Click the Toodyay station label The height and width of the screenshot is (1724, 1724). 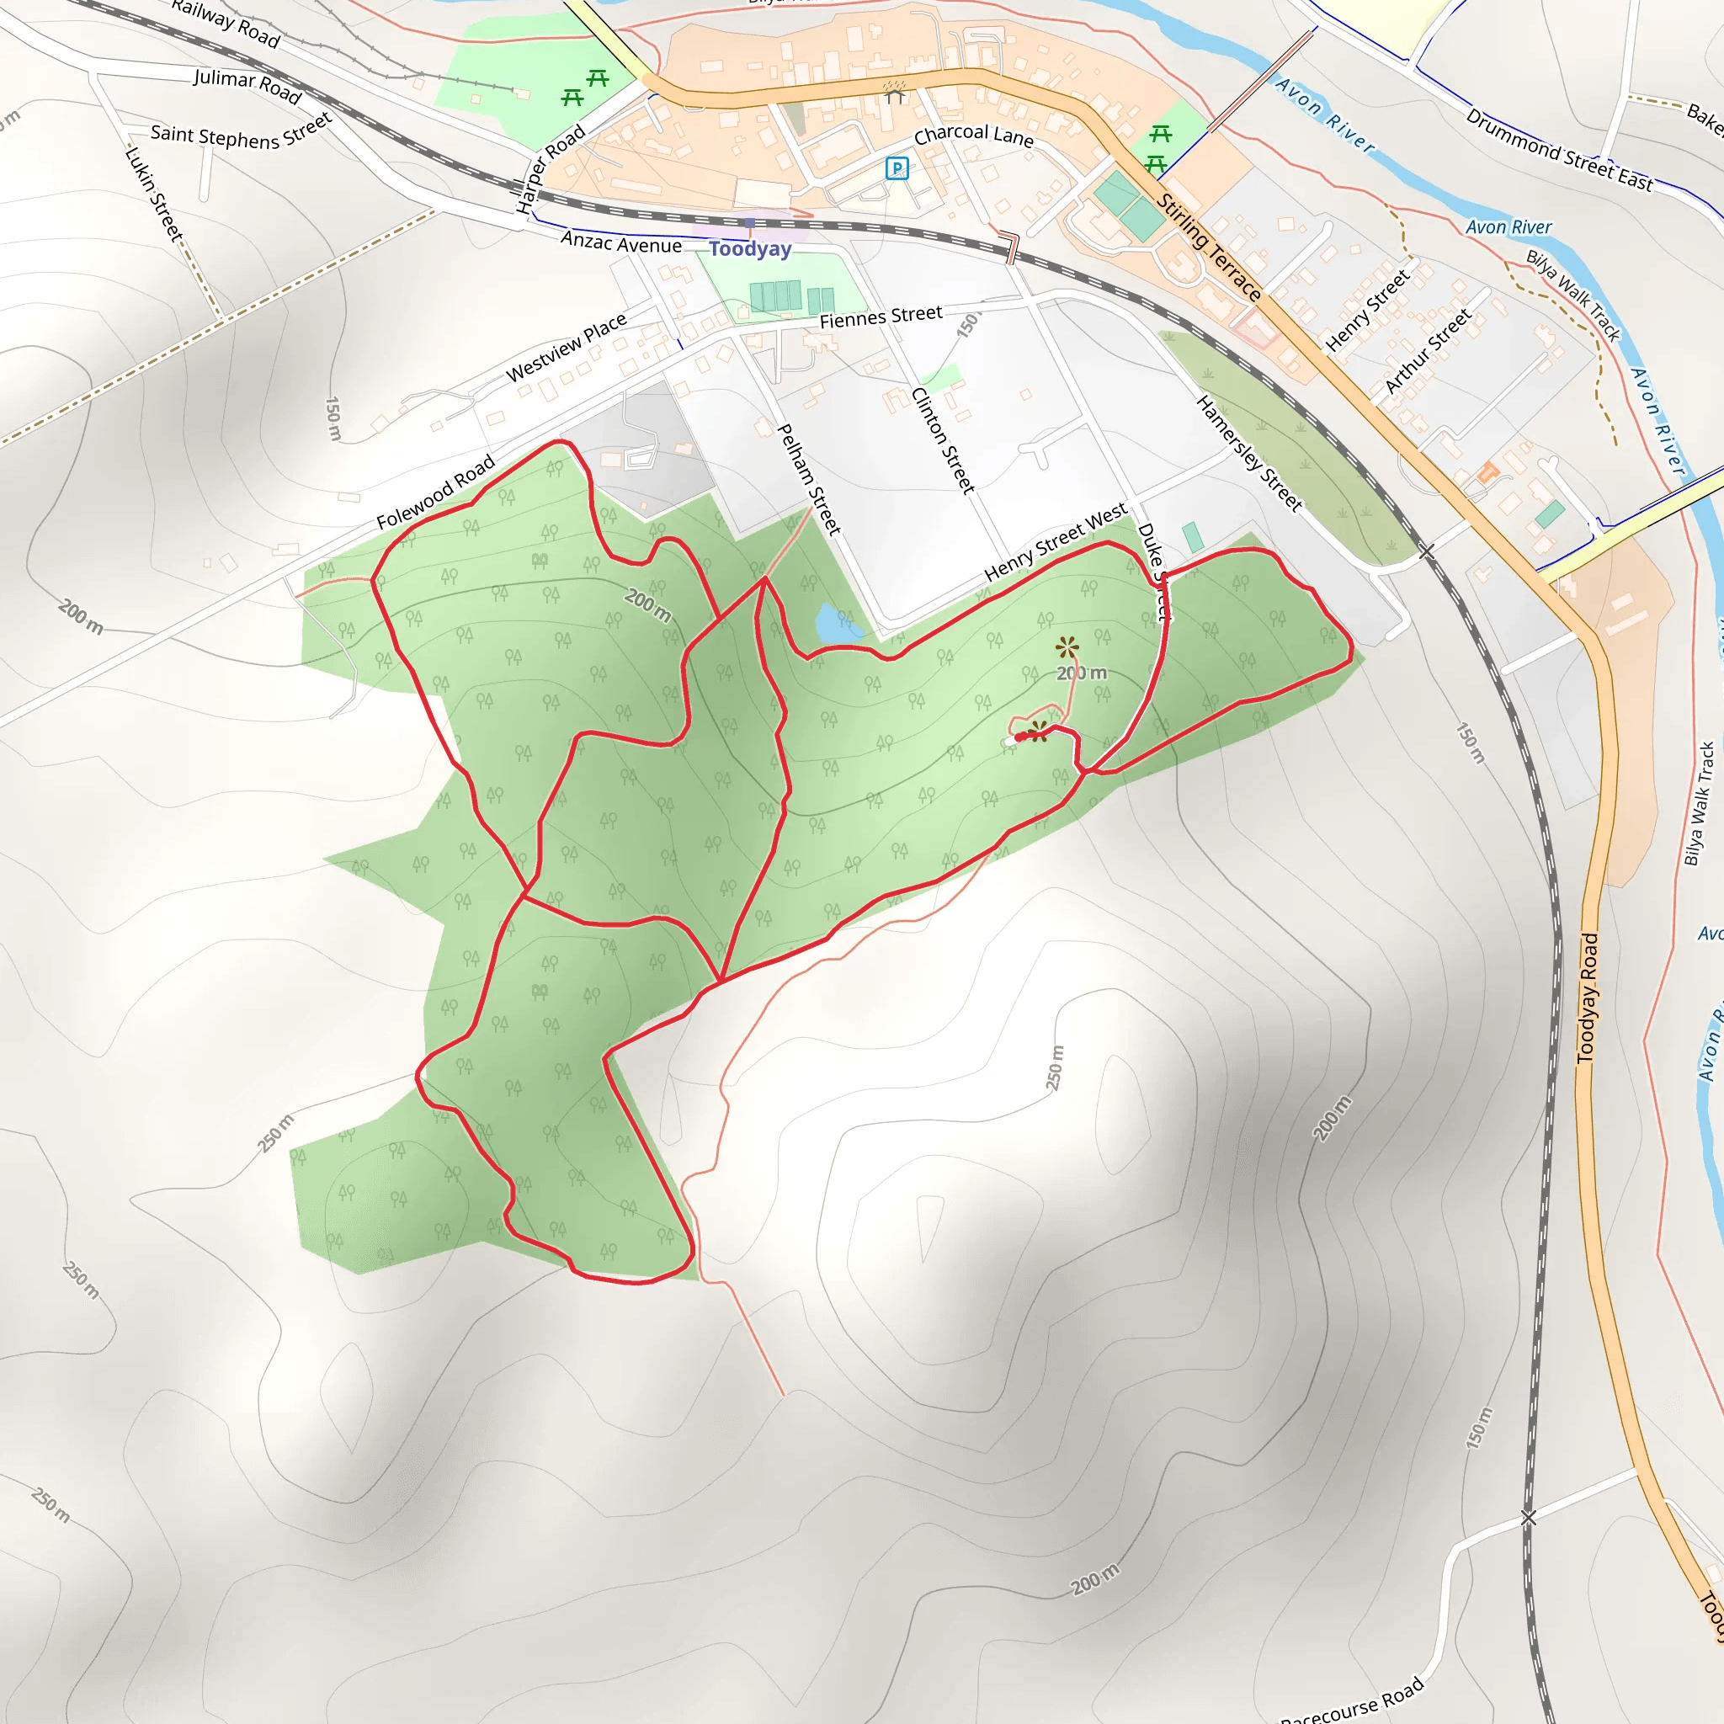tap(749, 249)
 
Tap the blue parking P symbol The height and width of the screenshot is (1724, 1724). tap(897, 168)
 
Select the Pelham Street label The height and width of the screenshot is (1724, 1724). tap(809, 479)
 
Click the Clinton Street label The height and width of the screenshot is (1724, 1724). tap(942, 440)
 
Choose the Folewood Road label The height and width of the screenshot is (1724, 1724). tap(435, 492)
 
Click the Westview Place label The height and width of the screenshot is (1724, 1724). tap(567, 346)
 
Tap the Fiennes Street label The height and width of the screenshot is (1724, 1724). tap(881, 317)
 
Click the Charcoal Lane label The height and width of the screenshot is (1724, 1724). tap(974, 136)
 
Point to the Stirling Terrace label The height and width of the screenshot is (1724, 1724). tap(1208, 247)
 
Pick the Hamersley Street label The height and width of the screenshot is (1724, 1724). tap(1248, 454)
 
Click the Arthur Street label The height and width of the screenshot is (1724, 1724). tap(1427, 351)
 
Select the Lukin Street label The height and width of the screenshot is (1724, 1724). tap(153, 194)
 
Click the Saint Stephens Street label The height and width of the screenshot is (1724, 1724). tap(241, 133)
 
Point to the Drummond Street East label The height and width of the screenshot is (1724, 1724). tap(1559, 151)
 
